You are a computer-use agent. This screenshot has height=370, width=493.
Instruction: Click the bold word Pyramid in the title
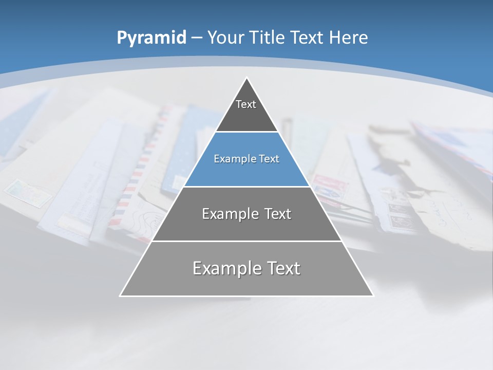pyautogui.click(x=151, y=38)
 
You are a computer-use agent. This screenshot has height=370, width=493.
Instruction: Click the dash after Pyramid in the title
pyautogui.click(x=196, y=38)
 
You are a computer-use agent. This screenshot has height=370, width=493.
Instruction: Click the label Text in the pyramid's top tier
pyautogui.click(x=246, y=104)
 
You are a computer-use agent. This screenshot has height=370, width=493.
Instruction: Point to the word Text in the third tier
pyautogui.click(x=278, y=214)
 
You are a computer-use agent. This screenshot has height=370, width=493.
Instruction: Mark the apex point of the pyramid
pyautogui.click(x=246, y=78)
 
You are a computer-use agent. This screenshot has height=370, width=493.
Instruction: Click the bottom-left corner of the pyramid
pyautogui.click(x=120, y=295)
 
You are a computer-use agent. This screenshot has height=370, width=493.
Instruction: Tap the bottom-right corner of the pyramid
pyautogui.click(x=373, y=295)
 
